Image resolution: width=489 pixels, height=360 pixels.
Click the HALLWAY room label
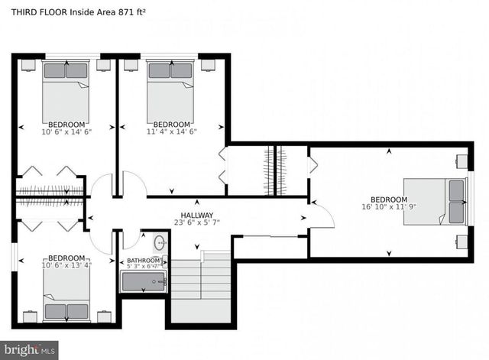point(197,216)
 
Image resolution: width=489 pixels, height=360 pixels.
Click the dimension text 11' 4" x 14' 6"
point(171,131)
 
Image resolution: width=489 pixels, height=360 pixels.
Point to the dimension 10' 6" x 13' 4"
point(66,266)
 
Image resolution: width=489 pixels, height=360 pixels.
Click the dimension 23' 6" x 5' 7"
point(197,223)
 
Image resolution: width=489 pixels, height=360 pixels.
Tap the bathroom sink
point(160,243)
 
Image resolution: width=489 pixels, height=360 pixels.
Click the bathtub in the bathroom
point(144,282)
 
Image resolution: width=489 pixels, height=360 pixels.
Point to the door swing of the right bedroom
point(323,215)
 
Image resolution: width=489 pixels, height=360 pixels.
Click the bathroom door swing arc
point(130,240)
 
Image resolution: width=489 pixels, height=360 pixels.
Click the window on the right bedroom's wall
point(471,201)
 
